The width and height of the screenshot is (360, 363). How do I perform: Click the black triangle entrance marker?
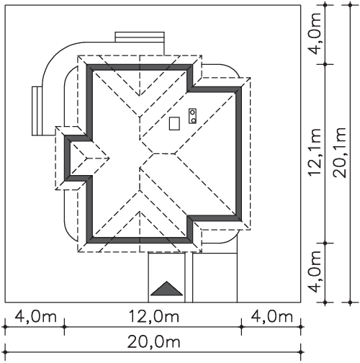(x=166, y=289)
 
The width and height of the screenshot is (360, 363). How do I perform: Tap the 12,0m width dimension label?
(x=154, y=316)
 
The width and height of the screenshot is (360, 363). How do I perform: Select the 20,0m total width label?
(x=153, y=341)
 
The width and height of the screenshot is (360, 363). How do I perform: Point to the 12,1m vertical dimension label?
(x=315, y=153)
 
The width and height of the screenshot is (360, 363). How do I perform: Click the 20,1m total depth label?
(x=340, y=153)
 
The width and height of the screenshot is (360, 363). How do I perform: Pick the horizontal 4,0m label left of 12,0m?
(x=35, y=316)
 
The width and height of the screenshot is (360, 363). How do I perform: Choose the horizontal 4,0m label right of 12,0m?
(x=271, y=316)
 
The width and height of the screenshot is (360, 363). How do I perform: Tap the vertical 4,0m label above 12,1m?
(x=315, y=34)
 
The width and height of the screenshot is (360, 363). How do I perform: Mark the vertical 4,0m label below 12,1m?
(x=315, y=272)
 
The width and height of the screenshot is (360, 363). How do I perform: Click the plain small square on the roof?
(x=174, y=123)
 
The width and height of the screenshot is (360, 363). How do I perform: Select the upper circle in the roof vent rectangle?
(x=192, y=112)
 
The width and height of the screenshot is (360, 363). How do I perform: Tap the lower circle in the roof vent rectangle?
(x=193, y=120)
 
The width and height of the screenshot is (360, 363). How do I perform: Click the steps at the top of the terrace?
(x=140, y=37)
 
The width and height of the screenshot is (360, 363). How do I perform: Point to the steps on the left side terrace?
(x=37, y=111)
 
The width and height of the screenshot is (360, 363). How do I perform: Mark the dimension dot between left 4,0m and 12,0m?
(x=64, y=327)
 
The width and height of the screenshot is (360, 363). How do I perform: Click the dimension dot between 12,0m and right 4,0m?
(x=241, y=327)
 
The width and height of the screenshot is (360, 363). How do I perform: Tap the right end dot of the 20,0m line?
(x=301, y=352)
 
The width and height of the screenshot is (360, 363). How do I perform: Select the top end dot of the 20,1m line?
(x=350, y=5)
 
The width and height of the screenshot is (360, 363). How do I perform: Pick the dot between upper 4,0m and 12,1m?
(x=325, y=64)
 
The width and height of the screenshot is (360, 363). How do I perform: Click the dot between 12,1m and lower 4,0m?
(x=325, y=243)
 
